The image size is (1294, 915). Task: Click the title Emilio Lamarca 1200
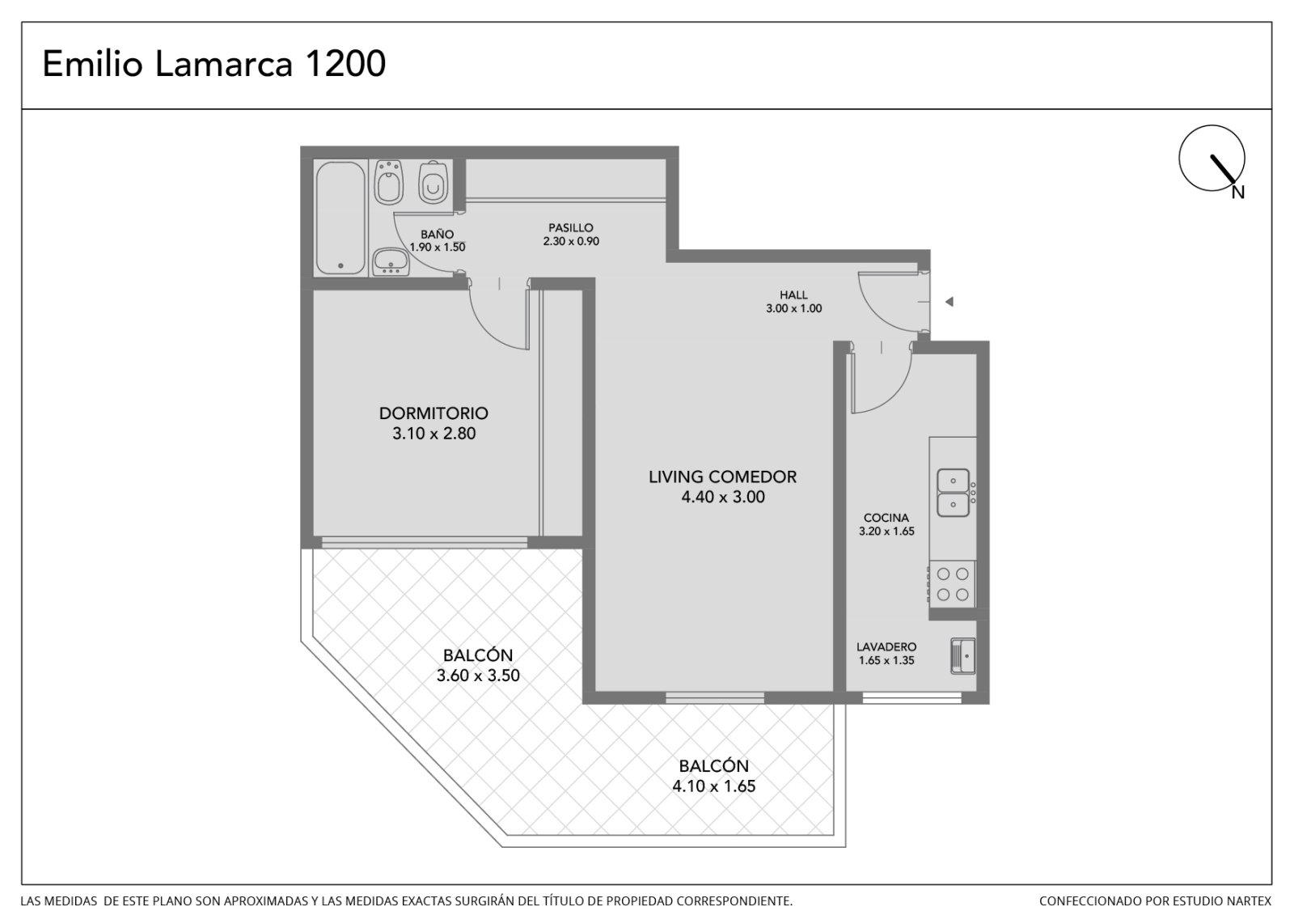point(214,64)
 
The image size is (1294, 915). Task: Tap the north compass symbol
point(1212,159)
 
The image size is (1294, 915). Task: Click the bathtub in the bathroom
point(340,218)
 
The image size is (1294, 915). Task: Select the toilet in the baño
point(433,181)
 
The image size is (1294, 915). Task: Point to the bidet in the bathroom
point(389,181)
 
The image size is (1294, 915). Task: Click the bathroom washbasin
point(391,262)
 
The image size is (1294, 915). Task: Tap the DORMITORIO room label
point(433,413)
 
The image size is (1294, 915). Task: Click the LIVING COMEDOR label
point(722,477)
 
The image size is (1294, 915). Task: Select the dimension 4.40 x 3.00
point(723,497)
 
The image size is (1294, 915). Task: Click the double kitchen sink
point(954,493)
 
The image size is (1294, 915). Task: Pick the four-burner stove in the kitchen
point(952,584)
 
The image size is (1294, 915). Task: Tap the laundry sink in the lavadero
point(963,656)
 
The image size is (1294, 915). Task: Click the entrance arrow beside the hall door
point(949,302)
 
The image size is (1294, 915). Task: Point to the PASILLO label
point(571,227)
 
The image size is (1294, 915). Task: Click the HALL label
point(793,294)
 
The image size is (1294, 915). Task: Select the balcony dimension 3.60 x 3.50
point(478,675)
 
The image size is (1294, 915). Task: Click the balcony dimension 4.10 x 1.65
point(713,786)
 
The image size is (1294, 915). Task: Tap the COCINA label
point(886,518)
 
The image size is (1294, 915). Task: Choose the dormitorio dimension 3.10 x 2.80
point(433,434)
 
